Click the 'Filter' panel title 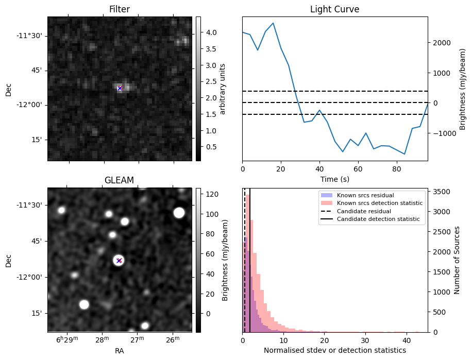pyautogui.click(x=120, y=9)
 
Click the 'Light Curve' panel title pyautogui.click(x=334, y=9)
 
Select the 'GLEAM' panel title pyautogui.click(x=119, y=180)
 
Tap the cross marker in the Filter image pyautogui.click(x=120, y=88)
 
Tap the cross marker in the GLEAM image pyautogui.click(x=119, y=261)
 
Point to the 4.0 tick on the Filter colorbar pyautogui.click(x=210, y=32)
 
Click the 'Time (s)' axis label pyautogui.click(x=334, y=178)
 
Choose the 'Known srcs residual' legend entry pyautogui.click(x=365, y=195)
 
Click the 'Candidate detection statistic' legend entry pyautogui.click(x=378, y=219)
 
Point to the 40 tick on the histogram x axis pyautogui.click(x=406, y=340)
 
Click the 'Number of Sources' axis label pyautogui.click(x=457, y=260)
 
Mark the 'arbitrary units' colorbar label pyautogui.click(x=223, y=88)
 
